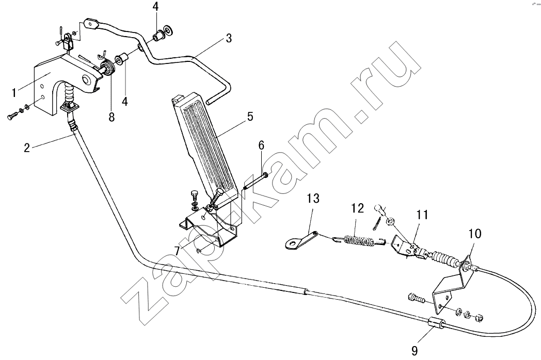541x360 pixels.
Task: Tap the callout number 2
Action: pyautogui.click(x=27, y=148)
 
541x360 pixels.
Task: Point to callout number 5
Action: pyautogui.click(x=250, y=116)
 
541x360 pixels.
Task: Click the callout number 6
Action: pyautogui.click(x=261, y=145)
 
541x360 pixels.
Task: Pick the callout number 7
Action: pyautogui.click(x=177, y=251)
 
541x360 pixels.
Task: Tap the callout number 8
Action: pyautogui.click(x=112, y=117)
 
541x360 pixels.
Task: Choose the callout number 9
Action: pyautogui.click(x=415, y=351)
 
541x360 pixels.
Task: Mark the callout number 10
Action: pyautogui.click(x=475, y=234)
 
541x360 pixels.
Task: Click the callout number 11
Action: pyautogui.click(x=422, y=215)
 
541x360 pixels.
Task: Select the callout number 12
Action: pyautogui.click(x=358, y=208)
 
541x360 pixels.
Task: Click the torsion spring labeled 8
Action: pyautogui.click(x=108, y=67)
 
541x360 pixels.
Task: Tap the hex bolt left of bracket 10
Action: pyautogui.click(x=416, y=298)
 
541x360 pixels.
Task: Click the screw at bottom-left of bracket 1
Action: pyautogui.click(x=13, y=115)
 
